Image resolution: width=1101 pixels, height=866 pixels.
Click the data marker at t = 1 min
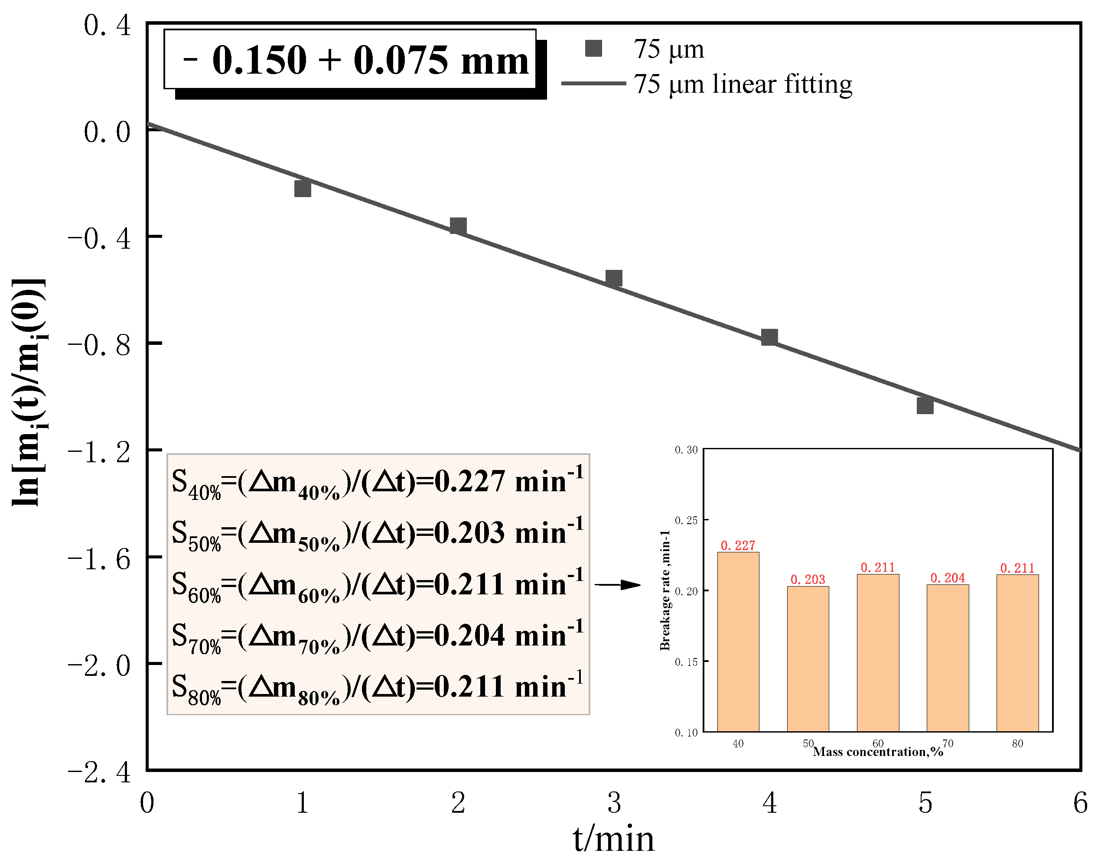[303, 188]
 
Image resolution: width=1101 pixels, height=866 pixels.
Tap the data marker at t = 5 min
[925, 405]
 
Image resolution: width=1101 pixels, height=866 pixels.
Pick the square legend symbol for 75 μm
[593, 49]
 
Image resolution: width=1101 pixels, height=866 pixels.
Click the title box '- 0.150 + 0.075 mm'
[350, 60]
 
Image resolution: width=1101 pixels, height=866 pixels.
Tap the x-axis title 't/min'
[613, 840]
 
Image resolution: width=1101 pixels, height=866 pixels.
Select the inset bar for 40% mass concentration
[738, 642]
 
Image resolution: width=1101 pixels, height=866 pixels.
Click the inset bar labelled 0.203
[808, 658]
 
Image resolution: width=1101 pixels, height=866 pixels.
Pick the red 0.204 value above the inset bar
[947, 578]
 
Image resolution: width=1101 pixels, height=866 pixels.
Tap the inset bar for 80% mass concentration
[1017, 652]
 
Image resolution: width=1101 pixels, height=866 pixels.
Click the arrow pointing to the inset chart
[618, 584]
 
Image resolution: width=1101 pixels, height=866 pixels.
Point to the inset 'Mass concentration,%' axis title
[878, 751]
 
